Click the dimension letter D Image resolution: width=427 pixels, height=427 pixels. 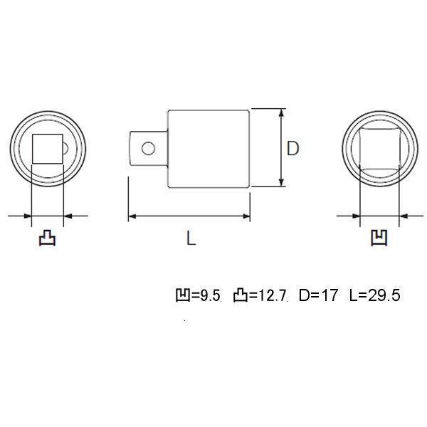tap(292, 149)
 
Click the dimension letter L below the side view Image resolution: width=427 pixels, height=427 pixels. tap(191, 239)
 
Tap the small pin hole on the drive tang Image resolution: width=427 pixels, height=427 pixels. tap(148, 148)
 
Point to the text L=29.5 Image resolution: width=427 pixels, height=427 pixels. tap(374, 295)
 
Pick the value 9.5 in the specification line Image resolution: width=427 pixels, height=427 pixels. tap(209, 295)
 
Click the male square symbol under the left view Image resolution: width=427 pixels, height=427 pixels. tap(48, 238)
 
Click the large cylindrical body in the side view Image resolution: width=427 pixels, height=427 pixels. tap(209, 149)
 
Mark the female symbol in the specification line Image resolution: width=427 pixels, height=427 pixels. tap(181, 295)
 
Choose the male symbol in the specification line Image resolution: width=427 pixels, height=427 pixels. tap(242, 295)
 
